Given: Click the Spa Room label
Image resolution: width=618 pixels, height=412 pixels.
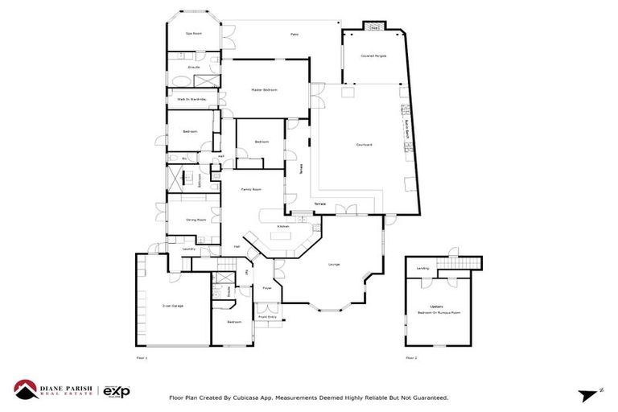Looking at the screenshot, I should point(192,34).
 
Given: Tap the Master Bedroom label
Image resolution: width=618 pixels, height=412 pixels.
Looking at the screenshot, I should point(264,90).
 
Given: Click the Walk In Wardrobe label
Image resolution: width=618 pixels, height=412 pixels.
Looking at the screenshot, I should point(192,99).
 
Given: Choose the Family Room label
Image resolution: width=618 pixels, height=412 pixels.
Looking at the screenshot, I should point(253,189).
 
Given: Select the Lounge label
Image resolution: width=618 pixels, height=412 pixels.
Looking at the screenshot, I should point(333,265).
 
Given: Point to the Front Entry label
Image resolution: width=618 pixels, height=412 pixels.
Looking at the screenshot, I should point(266,317).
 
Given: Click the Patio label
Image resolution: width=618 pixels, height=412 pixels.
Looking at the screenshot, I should point(295,35).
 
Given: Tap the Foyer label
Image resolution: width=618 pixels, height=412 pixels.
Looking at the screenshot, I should point(266,287).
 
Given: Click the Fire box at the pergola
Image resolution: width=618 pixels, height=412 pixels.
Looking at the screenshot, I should point(374,27).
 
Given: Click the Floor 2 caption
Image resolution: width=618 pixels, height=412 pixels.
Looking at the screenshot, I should point(411,357).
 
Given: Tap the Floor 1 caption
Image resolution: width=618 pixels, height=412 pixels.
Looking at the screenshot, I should point(142,357).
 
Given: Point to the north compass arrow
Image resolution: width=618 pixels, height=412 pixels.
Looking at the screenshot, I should point(588,393).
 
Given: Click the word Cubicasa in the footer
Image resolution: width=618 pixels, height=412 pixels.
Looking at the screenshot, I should point(246,398).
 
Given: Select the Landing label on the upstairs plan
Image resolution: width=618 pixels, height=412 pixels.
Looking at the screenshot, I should point(422,268).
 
